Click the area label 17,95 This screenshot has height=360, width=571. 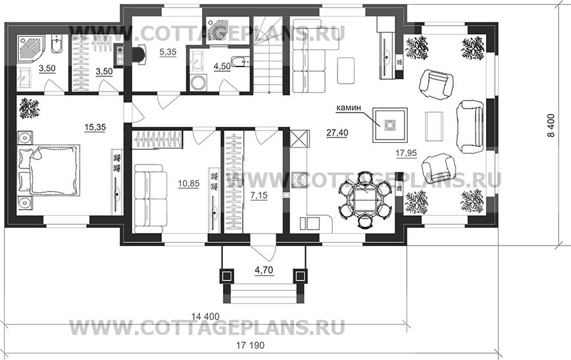406,153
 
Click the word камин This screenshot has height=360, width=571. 349,106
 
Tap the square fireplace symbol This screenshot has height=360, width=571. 390,124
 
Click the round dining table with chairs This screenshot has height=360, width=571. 364,199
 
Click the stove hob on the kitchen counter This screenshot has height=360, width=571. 300,178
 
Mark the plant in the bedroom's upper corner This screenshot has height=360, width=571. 30,107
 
